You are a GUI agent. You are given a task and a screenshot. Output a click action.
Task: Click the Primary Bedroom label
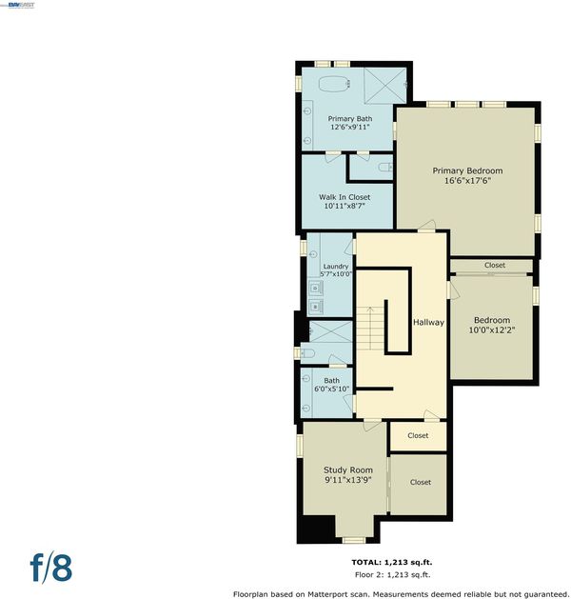click(x=467, y=170)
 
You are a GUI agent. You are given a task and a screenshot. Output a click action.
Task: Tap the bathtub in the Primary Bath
click(x=334, y=84)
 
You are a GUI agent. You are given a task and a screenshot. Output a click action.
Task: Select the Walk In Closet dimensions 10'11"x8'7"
click(x=345, y=207)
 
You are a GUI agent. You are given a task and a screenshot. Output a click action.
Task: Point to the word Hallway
click(x=428, y=323)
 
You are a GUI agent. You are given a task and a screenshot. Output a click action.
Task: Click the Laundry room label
click(x=336, y=267)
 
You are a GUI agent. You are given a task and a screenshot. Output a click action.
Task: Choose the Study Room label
click(x=348, y=470)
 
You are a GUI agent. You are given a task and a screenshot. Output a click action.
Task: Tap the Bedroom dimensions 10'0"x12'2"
click(x=492, y=330)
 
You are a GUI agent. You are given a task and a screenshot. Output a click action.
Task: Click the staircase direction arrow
click(x=370, y=329)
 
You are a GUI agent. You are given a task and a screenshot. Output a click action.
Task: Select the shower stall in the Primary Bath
click(x=384, y=86)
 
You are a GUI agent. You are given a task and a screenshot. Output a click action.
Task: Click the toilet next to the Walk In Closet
click(x=385, y=168)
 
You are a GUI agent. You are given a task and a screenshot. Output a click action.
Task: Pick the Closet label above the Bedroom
click(x=495, y=265)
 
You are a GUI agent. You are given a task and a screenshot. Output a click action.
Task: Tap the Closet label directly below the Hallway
click(x=418, y=435)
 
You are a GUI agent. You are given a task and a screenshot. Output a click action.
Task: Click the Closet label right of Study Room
click(x=421, y=482)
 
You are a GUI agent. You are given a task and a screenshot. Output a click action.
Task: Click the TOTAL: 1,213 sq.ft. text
click(x=392, y=562)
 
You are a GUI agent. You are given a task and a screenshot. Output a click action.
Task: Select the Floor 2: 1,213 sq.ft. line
click(x=392, y=574)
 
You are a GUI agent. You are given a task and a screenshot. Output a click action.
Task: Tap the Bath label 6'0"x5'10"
click(x=331, y=385)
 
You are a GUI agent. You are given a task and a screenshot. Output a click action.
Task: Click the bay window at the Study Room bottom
click(x=353, y=540)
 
